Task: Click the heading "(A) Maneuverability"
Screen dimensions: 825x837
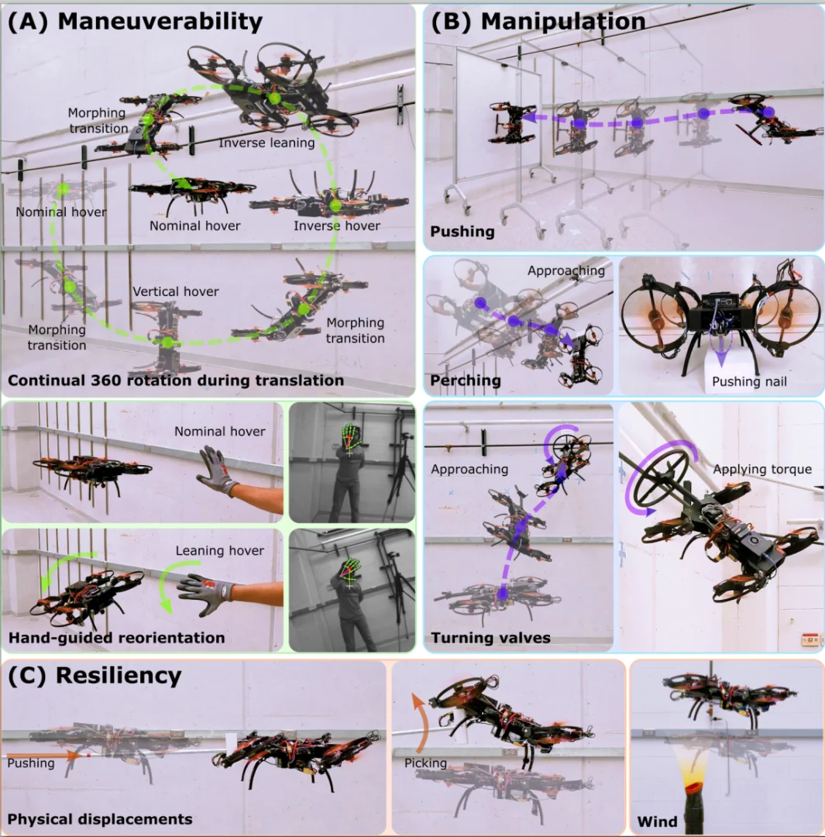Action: (135, 22)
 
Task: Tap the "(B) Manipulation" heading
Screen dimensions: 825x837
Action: (538, 22)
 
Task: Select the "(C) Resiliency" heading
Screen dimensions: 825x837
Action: (95, 675)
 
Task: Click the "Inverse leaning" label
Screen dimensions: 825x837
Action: (266, 143)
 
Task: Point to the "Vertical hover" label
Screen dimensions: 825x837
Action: (176, 291)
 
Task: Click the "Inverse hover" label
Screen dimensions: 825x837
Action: (337, 226)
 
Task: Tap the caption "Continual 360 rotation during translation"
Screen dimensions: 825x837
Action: (176, 380)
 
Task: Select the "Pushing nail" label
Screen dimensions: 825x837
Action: (749, 381)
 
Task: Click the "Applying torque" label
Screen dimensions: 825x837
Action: (762, 469)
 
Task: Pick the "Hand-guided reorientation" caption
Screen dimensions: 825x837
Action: (116, 637)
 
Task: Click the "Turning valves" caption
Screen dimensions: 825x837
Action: (490, 637)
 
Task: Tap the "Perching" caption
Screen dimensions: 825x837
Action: (466, 380)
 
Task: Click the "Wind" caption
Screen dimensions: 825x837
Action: (657, 821)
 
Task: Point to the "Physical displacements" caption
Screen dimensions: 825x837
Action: (100, 819)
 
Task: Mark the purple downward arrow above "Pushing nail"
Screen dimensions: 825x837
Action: (720, 349)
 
